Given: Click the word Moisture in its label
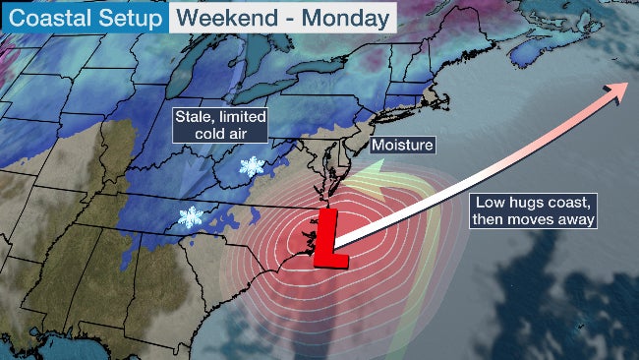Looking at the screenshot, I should coord(401,145).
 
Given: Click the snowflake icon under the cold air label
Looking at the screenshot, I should coord(253,166).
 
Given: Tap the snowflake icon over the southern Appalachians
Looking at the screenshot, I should coord(189,217).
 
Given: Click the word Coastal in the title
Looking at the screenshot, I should coord(42,17).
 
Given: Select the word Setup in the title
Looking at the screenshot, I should coord(131,17).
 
